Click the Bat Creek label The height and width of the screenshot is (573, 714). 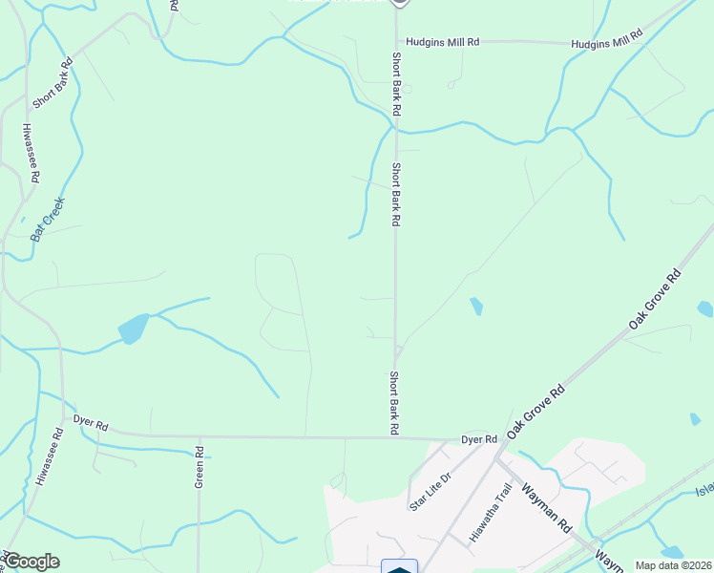(47, 218)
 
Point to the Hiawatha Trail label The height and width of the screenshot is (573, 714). (492, 513)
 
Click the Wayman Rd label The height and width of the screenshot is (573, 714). (553, 512)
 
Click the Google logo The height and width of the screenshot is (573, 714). (31, 562)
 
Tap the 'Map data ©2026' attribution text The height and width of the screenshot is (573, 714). (674, 565)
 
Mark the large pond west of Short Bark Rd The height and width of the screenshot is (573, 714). (134, 329)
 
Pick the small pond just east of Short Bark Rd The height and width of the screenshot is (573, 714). (475, 307)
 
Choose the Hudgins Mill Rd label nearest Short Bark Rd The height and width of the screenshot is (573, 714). (442, 43)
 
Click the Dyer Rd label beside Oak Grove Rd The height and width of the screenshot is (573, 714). (479, 439)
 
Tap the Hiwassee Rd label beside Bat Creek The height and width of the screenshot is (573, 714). (31, 153)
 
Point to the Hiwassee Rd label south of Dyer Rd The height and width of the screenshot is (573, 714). (49, 457)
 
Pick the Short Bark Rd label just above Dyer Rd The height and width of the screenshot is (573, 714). (392, 403)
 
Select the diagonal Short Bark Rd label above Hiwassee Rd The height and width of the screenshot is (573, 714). (52, 85)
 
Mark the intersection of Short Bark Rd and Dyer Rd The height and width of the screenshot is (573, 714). (395, 438)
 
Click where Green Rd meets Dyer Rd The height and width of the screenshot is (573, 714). (199, 436)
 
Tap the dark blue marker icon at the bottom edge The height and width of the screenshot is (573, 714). (399, 565)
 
